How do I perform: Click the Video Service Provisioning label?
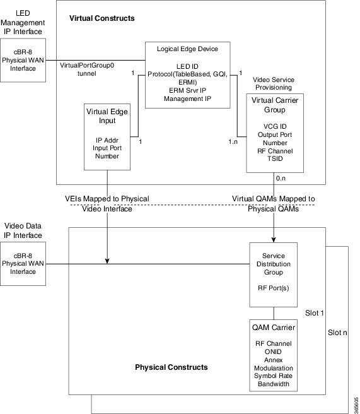point(275,84)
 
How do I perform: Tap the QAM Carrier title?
point(273,328)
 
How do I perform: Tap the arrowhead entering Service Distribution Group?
point(273,240)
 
